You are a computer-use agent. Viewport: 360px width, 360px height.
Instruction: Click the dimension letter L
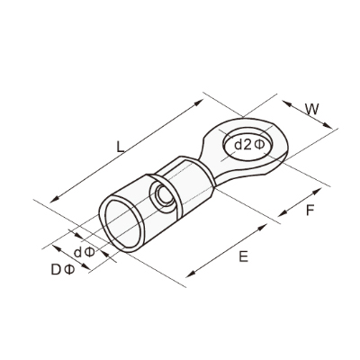(x=120, y=147)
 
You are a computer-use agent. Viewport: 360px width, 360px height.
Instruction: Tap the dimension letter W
(x=312, y=110)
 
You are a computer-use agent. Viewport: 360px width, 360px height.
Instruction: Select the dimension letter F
(x=310, y=211)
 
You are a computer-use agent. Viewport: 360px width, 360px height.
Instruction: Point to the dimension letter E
(x=244, y=256)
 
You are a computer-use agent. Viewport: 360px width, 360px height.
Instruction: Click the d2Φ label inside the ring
(x=249, y=145)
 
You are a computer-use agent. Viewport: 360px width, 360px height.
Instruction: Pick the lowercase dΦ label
(x=85, y=253)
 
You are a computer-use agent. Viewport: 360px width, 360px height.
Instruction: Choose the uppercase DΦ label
(x=62, y=270)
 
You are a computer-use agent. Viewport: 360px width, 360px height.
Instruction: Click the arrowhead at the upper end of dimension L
(x=199, y=102)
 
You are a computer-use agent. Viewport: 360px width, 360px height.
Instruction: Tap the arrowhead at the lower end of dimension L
(x=54, y=199)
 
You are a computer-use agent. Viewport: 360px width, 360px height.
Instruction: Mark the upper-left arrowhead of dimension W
(x=287, y=103)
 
